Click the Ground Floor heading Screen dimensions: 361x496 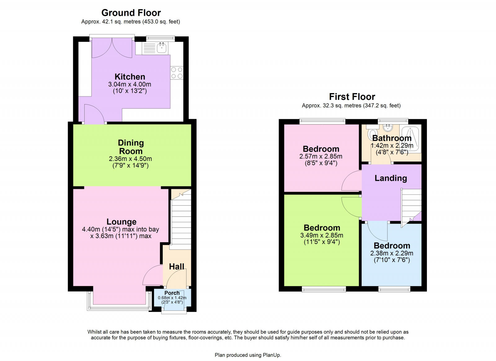pyautogui.click(x=131, y=13)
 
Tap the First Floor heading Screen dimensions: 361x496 pyautogui.click(x=352, y=97)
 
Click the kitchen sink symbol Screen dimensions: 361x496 pyautogui.click(x=162, y=48)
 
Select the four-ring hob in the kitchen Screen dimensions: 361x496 pyautogui.click(x=177, y=73)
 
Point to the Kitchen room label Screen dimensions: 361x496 pyautogui.click(x=130, y=77)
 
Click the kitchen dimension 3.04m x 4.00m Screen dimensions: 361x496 pyautogui.click(x=130, y=84)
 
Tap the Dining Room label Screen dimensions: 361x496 pyautogui.click(x=131, y=147)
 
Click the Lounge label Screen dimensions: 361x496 pyautogui.click(x=121, y=222)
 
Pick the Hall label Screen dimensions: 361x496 pyautogui.click(x=176, y=266)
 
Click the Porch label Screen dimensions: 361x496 pyautogui.click(x=172, y=293)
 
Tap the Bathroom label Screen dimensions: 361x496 pyautogui.click(x=392, y=138)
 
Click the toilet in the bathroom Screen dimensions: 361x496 pyautogui.click(x=371, y=134)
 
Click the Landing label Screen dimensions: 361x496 pyautogui.click(x=391, y=178)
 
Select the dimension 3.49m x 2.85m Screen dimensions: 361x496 pyautogui.click(x=321, y=235)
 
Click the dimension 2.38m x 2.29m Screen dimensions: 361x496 pyautogui.click(x=392, y=253)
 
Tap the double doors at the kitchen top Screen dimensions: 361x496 pyautogui.click(x=112, y=48)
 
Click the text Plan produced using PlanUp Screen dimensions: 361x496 pyautogui.click(x=248, y=355)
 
